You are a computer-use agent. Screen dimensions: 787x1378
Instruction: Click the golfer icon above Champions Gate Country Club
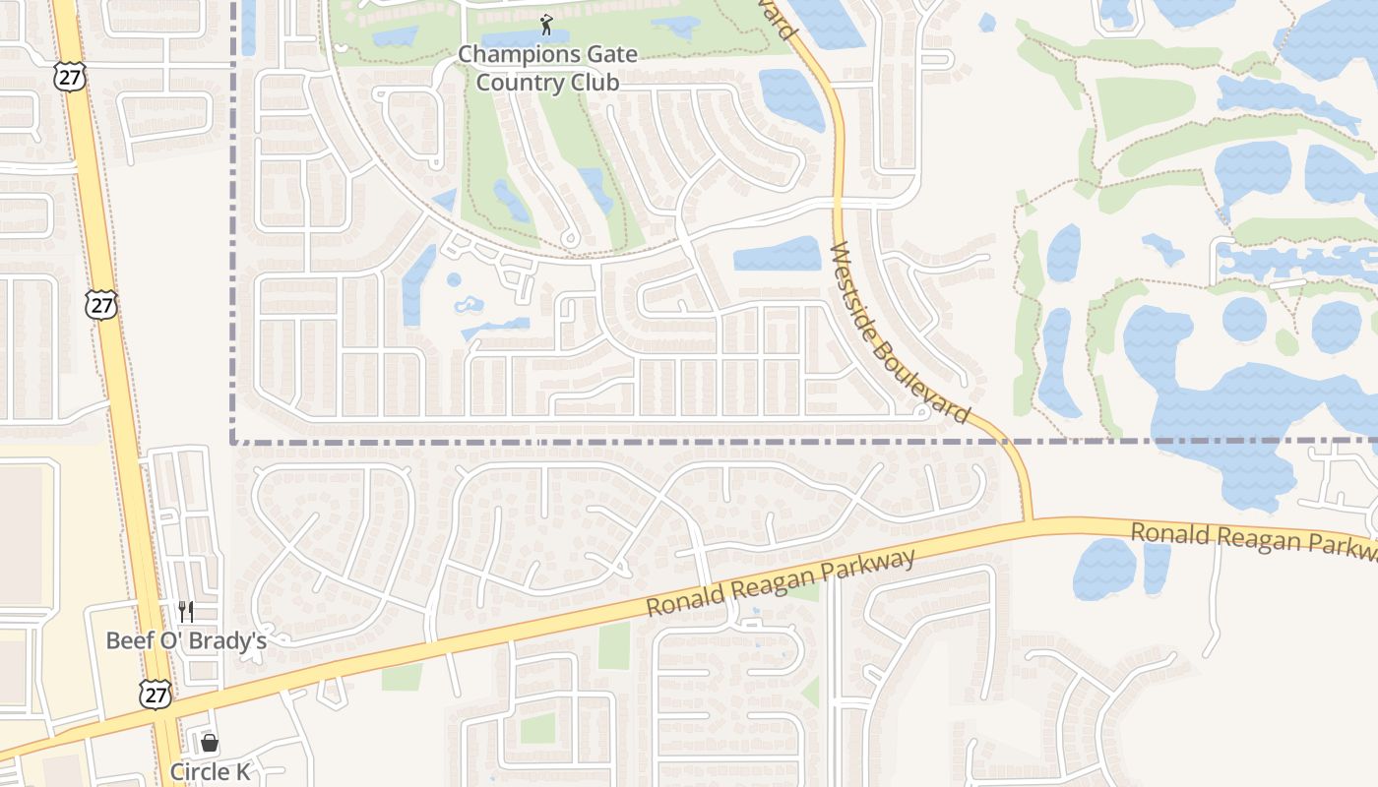547,24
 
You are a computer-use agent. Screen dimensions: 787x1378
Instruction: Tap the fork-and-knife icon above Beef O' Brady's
186,612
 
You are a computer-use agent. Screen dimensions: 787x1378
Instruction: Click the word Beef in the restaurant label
127,640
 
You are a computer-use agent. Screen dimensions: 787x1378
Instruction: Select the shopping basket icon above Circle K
210,743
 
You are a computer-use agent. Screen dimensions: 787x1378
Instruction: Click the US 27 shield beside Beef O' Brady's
156,694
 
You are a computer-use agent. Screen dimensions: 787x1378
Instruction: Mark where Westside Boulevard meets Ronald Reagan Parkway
1027,520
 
